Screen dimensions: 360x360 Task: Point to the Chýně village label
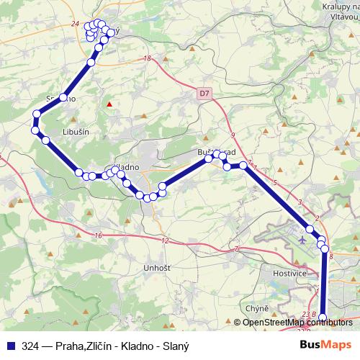coord(257,308)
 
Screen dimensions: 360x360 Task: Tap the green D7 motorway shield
coord(204,92)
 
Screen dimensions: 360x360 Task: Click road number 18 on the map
coord(147,59)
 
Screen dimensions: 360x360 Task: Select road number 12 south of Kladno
coord(166,240)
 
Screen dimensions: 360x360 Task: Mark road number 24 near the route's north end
coord(76,24)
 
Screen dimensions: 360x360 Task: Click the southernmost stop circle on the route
coord(323,318)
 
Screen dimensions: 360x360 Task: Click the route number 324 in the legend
coord(31,346)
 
